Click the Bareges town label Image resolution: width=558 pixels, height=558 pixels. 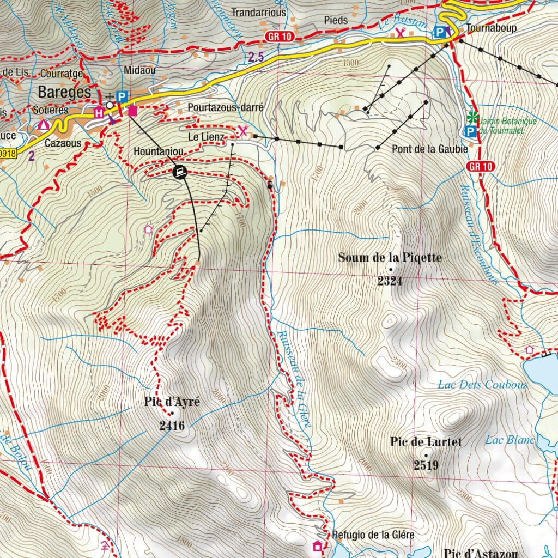(64, 92)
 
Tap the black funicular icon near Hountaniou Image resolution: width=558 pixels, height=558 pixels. (180, 173)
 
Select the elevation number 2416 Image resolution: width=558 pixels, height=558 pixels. (172, 426)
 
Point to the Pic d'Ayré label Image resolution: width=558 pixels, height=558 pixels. (169, 403)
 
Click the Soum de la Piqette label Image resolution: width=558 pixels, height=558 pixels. (390, 257)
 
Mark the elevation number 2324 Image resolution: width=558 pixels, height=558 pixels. (390, 281)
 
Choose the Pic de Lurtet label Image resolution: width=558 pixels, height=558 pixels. (426, 442)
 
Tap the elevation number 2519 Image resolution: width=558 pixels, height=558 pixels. (426, 465)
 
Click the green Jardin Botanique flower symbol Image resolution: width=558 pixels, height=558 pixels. (473, 117)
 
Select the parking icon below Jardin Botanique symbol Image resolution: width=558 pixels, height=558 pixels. (469, 131)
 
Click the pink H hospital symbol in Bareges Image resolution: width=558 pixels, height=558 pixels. (99, 113)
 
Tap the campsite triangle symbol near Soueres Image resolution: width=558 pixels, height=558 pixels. (44, 125)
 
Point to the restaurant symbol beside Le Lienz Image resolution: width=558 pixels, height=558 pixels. (243, 131)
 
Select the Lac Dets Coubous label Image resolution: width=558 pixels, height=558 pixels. (482, 385)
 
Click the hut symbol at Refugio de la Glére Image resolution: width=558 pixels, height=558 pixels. (317, 546)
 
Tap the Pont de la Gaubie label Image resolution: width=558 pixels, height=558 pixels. (429, 149)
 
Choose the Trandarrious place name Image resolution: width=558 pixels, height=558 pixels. (258, 12)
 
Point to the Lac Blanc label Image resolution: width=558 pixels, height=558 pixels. (510, 440)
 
